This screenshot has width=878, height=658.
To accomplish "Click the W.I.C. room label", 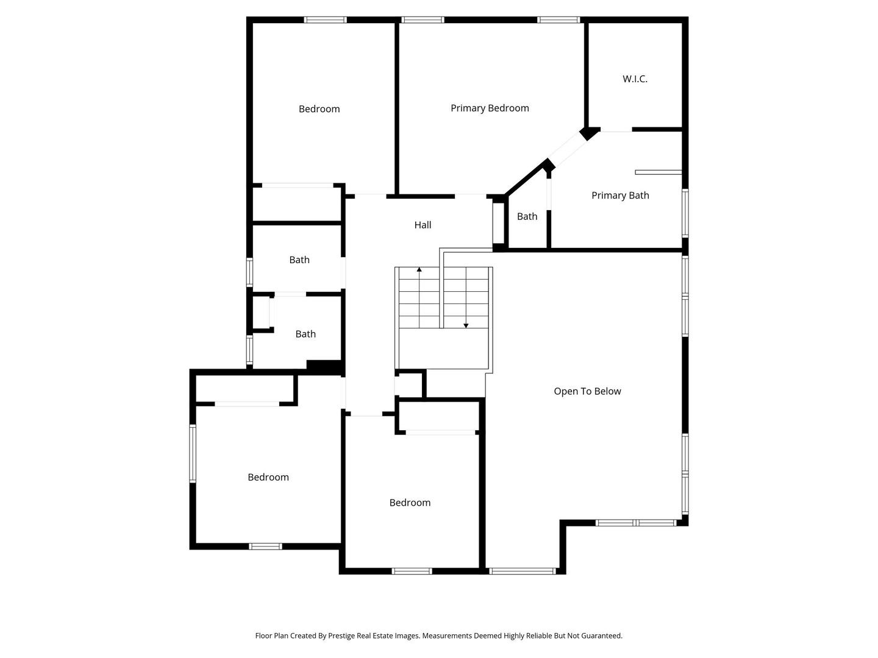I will pos(635,79).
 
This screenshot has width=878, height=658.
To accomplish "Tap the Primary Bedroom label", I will pos(490,108).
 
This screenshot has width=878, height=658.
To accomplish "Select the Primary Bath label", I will pos(620,195).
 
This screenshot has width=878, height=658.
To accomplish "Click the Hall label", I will pos(423,225).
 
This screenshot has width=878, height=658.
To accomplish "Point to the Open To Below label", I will pos(587,391).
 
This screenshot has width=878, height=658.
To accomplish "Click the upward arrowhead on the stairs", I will pos(419,269).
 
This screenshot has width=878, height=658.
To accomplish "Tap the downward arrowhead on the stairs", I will pos(466,325).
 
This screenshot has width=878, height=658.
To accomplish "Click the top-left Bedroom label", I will pos(319,108).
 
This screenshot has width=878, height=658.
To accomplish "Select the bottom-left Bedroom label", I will pos(268,477).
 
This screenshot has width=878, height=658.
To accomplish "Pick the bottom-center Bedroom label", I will pos(410,503).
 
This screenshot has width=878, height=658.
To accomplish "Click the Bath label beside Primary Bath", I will pos(527,216).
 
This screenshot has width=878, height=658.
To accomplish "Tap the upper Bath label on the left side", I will pos(299,260).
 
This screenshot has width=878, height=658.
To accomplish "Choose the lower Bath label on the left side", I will pos(305,334).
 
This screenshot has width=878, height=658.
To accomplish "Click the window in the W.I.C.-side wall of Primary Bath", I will pos(685,212).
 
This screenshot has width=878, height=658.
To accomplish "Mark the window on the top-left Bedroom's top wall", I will pos(326,20).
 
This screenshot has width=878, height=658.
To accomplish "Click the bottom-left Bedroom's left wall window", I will pos(193,453).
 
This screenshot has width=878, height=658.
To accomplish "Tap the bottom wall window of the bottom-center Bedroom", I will pos(412,571).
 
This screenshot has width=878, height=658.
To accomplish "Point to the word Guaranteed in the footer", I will pos(601,635).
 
